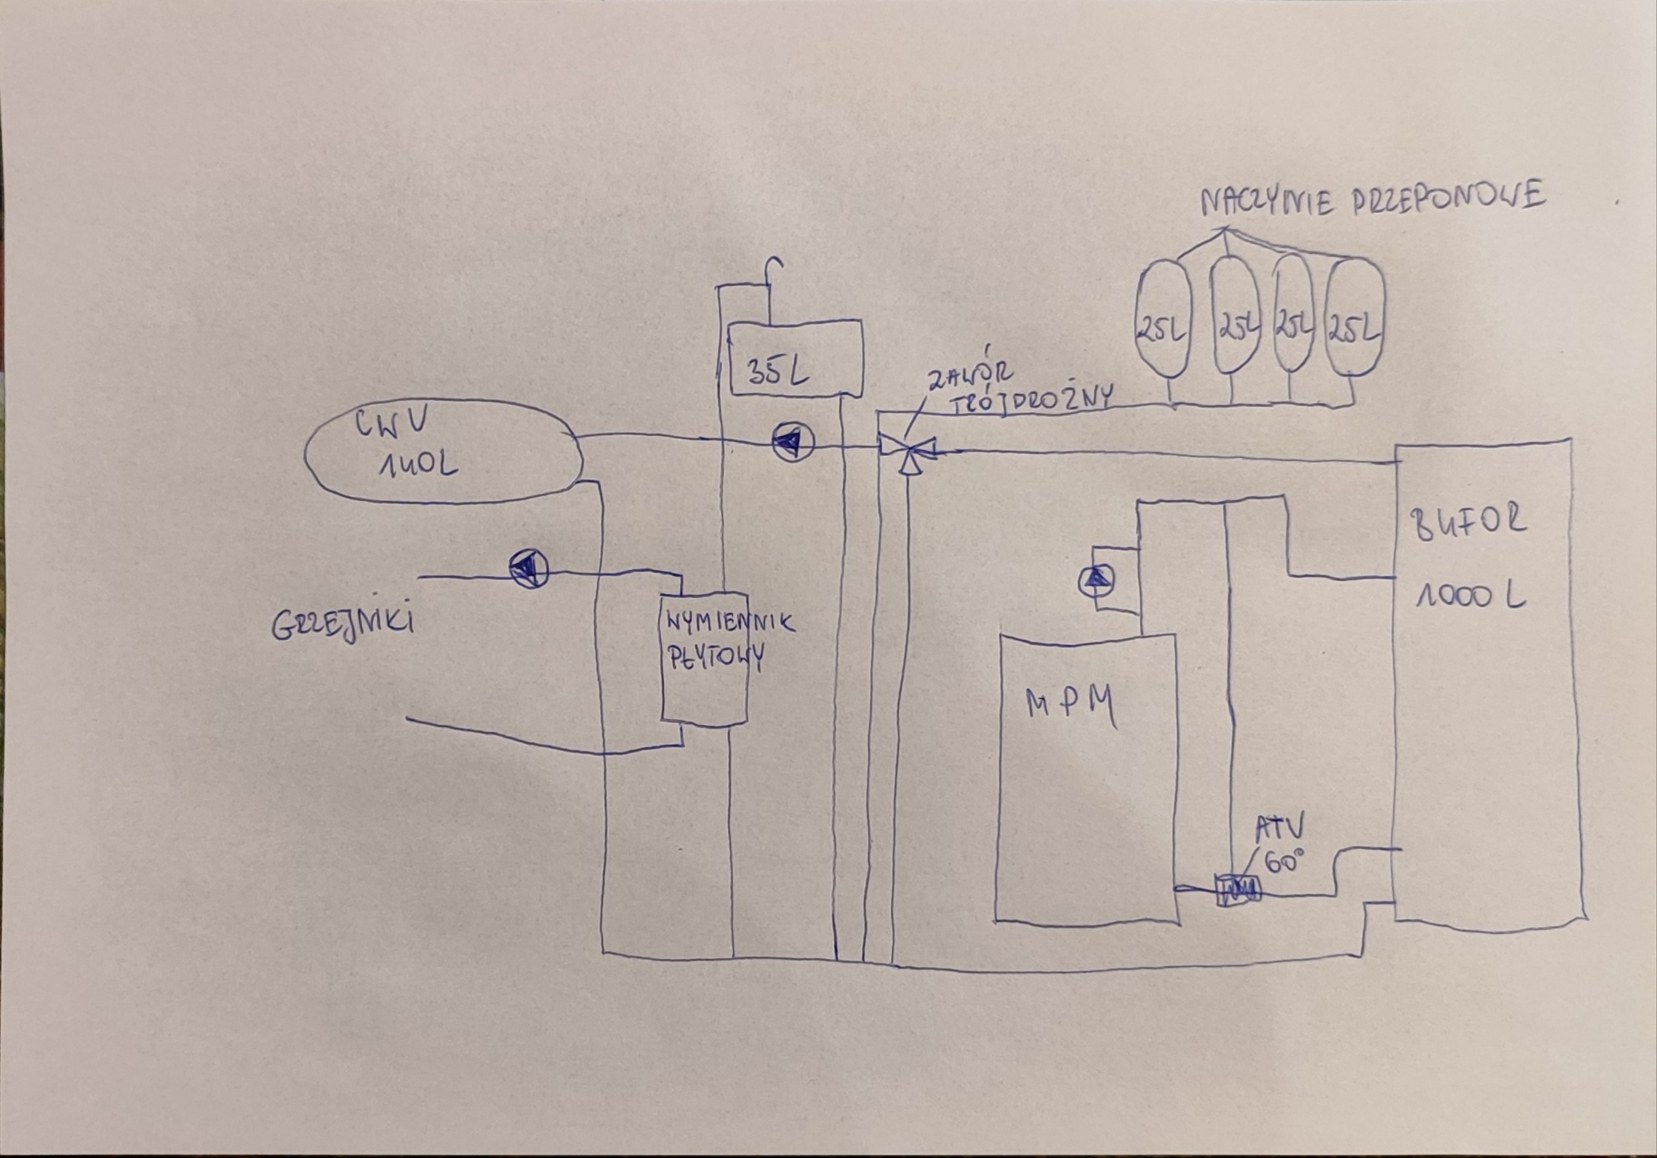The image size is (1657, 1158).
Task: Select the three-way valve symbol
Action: coord(907,451)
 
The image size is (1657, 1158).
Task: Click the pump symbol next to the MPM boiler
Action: coord(1096,579)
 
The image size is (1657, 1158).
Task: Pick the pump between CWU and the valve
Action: coord(792,441)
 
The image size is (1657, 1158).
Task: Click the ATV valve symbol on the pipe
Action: coord(1237,891)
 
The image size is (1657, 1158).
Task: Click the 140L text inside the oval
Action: coord(417,465)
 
